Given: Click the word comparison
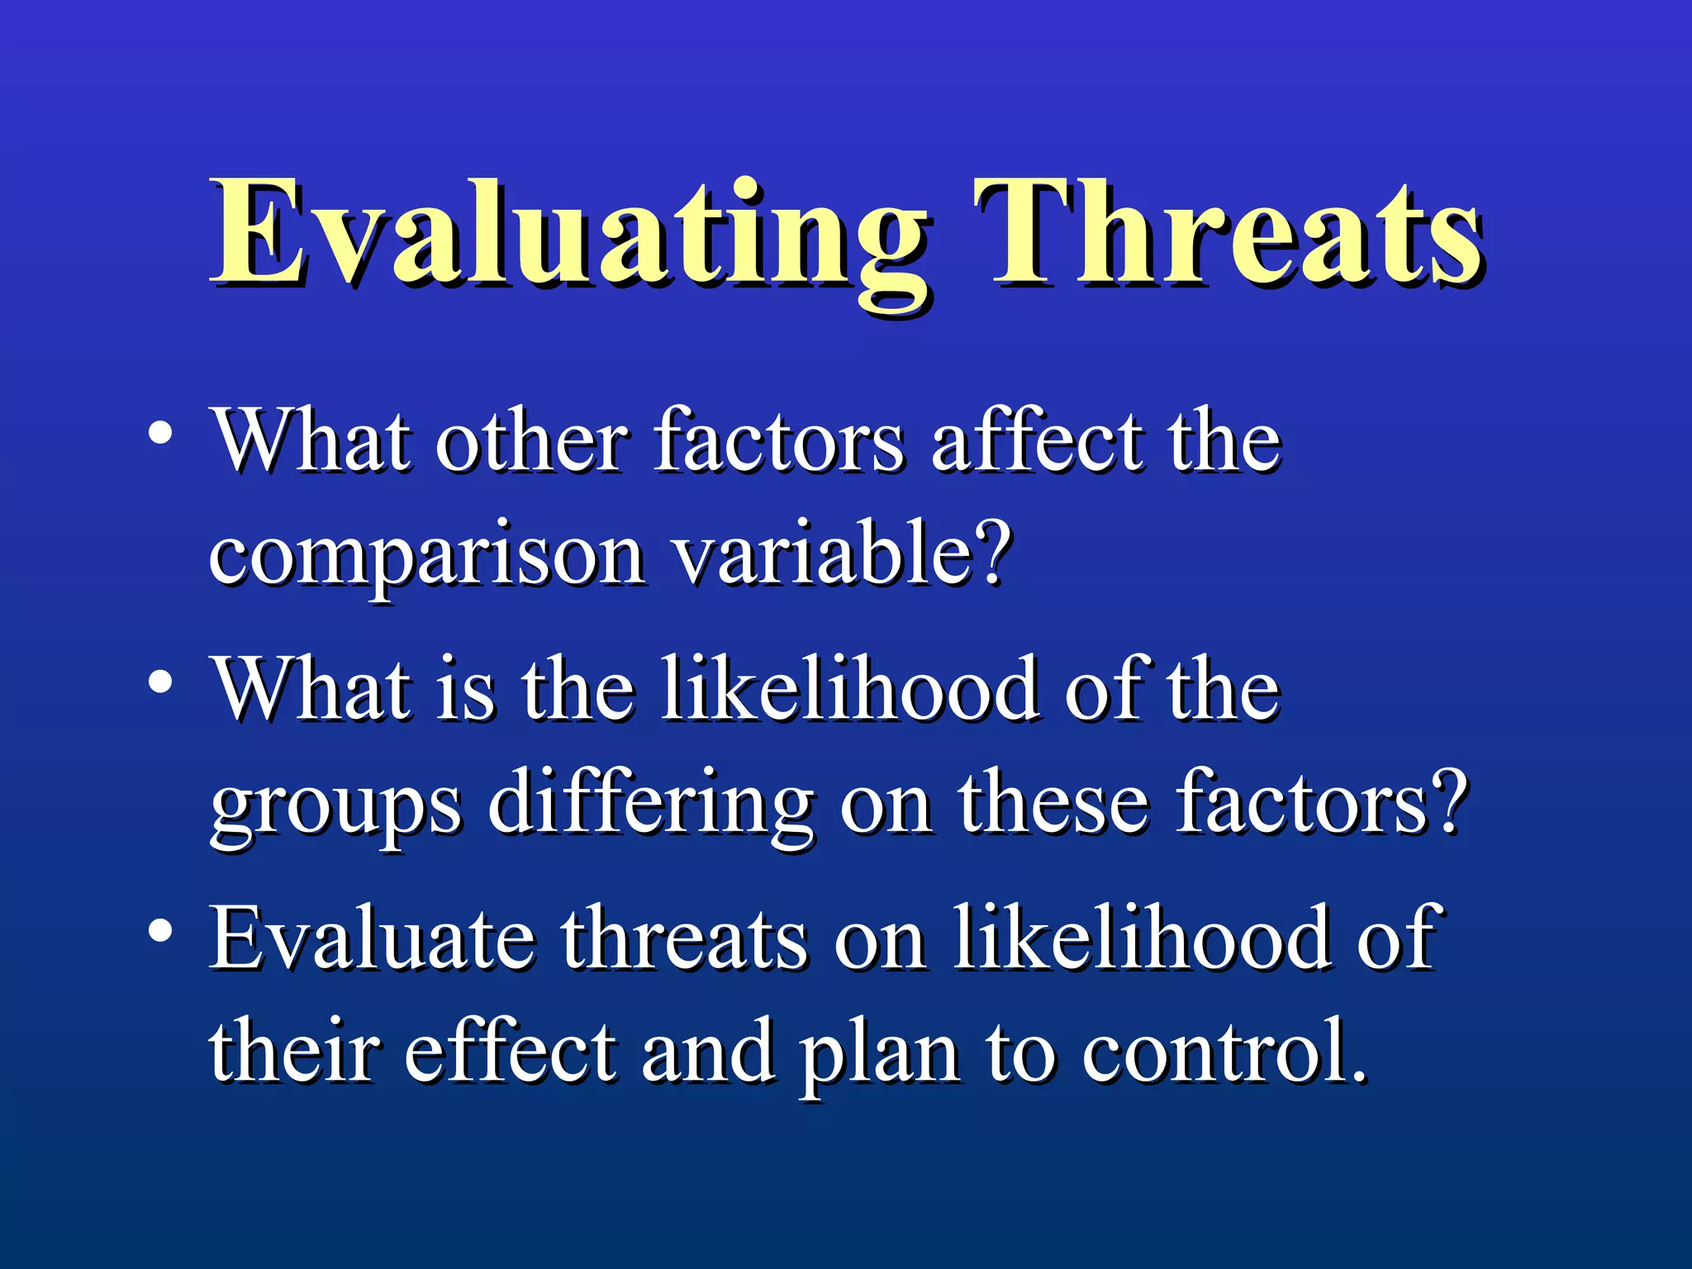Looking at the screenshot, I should pyautogui.click(x=426, y=558).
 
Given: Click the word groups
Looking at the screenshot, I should pyautogui.click(x=335, y=806).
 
